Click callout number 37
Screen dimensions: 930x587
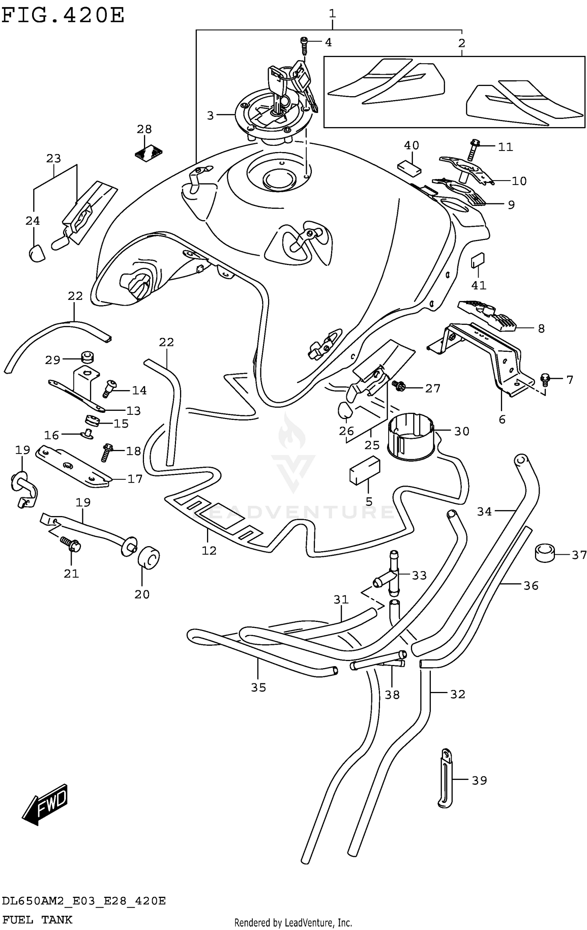click(x=579, y=555)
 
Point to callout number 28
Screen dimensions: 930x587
click(x=144, y=129)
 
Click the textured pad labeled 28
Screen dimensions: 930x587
click(x=149, y=153)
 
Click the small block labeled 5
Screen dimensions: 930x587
click(x=364, y=471)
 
